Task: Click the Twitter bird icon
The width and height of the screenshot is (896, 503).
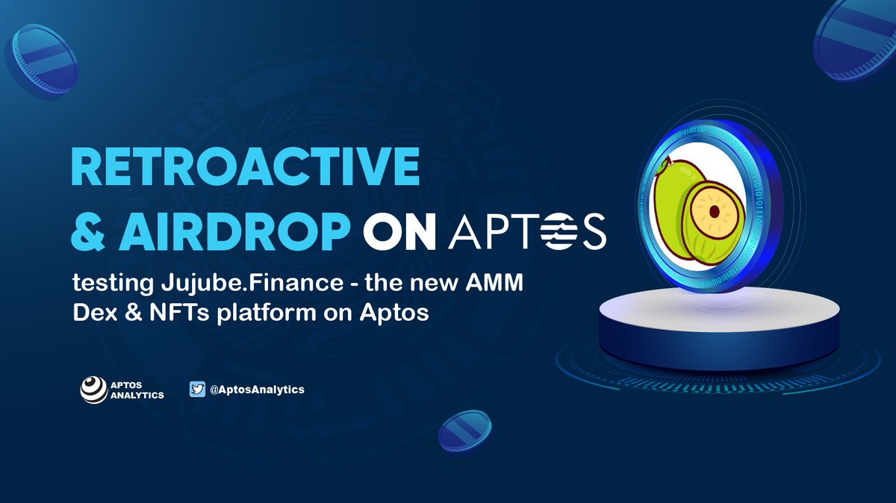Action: point(197,390)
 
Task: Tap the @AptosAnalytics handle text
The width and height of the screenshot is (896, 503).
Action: point(257,390)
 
